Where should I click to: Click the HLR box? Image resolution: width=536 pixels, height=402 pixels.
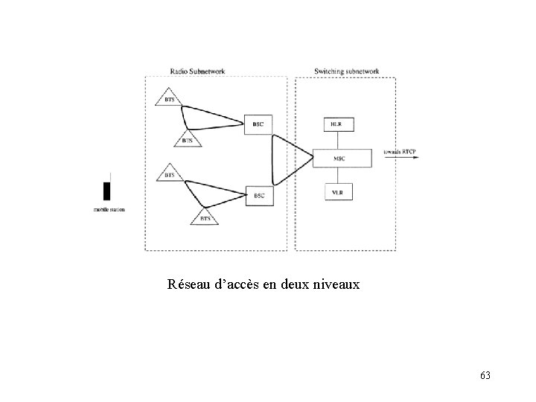coord(337,124)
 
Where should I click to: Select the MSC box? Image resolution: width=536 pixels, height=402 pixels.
coord(339,158)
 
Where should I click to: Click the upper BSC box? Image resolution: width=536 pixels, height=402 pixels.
coord(258,124)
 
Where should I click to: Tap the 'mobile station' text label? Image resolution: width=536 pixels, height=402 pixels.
coord(109,210)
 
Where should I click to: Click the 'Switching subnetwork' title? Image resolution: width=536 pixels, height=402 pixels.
coord(346,71)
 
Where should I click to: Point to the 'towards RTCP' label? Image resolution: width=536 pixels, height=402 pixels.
coord(400,153)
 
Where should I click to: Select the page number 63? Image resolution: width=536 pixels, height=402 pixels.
coord(485,374)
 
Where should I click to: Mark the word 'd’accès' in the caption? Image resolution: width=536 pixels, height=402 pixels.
coord(239,284)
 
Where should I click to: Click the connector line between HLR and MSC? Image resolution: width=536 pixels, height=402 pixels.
coord(337,141)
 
